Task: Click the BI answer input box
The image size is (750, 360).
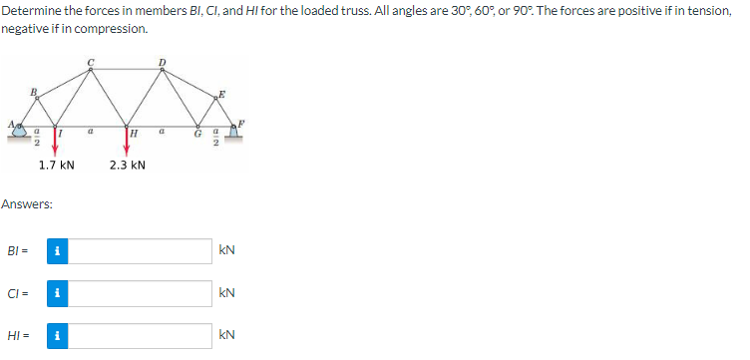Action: pos(139,250)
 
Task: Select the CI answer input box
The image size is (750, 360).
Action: pos(139,293)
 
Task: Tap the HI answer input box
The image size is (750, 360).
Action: pos(139,336)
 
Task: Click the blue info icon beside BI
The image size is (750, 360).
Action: pos(58,250)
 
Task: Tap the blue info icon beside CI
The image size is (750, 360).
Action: pos(58,293)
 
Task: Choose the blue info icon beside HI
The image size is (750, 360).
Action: pos(58,336)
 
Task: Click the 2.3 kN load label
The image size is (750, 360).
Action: pos(129,165)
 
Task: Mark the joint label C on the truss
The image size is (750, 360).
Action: pos(91,64)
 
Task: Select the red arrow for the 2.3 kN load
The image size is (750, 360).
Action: pos(127,140)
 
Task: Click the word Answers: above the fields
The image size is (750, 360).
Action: pos(27,204)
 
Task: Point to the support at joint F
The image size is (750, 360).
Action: pos(236,128)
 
